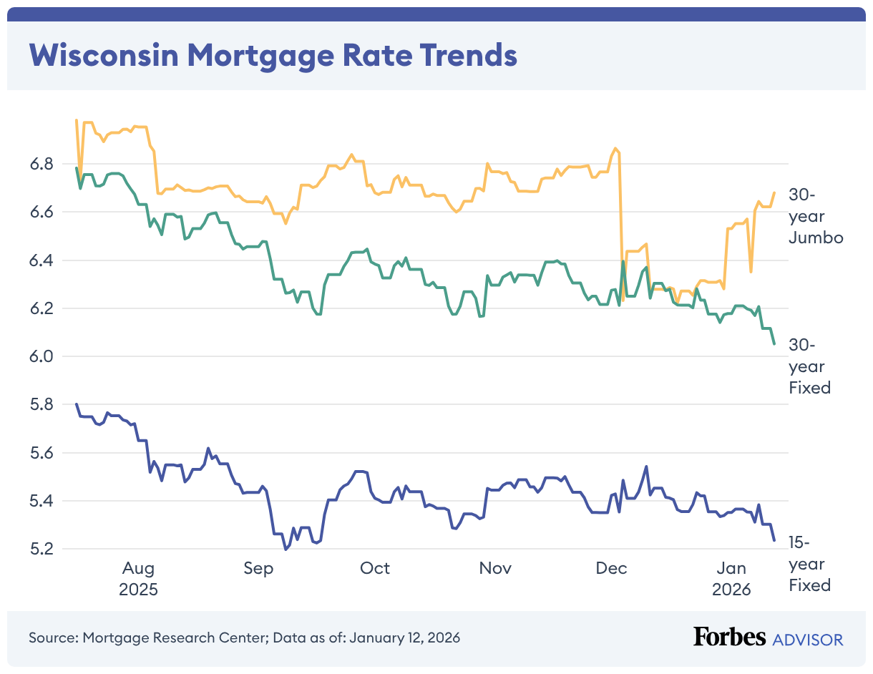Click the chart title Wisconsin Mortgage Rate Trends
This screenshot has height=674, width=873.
coord(273,55)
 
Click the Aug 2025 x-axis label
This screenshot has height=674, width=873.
coord(138,579)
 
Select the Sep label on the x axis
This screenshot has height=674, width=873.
coord(258,569)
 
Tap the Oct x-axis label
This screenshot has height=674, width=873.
coord(375,569)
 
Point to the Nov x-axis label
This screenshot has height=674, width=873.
coord(495,569)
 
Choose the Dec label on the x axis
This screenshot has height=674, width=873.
coord(612,569)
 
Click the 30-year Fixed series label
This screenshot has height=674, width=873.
coord(810,366)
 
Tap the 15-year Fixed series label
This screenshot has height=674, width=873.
coord(810,564)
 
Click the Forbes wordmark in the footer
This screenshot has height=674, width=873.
coord(730,638)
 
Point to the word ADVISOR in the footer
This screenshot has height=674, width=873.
coord(808,639)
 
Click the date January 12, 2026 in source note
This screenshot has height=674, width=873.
coord(404,638)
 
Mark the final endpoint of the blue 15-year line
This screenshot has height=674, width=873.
coord(774,541)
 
